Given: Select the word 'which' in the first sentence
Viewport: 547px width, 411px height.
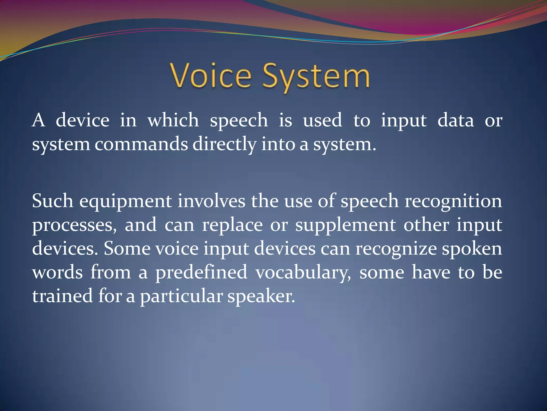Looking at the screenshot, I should (x=173, y=120).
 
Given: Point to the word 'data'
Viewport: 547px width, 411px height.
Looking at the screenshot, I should (x=455, y=120).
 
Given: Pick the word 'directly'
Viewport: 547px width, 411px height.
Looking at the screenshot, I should (x=224, y=144).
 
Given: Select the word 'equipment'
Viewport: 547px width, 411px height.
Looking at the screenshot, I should (x=126, y=201).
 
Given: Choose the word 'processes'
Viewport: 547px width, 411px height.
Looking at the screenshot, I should (x=74, y=225).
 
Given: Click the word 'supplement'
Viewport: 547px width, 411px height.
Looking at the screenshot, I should (x=345, y=225).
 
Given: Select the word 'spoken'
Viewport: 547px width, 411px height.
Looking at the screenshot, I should (x=472, y=249).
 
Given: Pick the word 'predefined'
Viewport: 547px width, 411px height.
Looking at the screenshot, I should (x=201, y=272).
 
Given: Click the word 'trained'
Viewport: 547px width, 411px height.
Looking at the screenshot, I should (x=62, y=296).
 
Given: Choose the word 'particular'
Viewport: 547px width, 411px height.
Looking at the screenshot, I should (x=181, y=296).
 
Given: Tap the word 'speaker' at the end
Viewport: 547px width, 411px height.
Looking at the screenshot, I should (x=261, y=296).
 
